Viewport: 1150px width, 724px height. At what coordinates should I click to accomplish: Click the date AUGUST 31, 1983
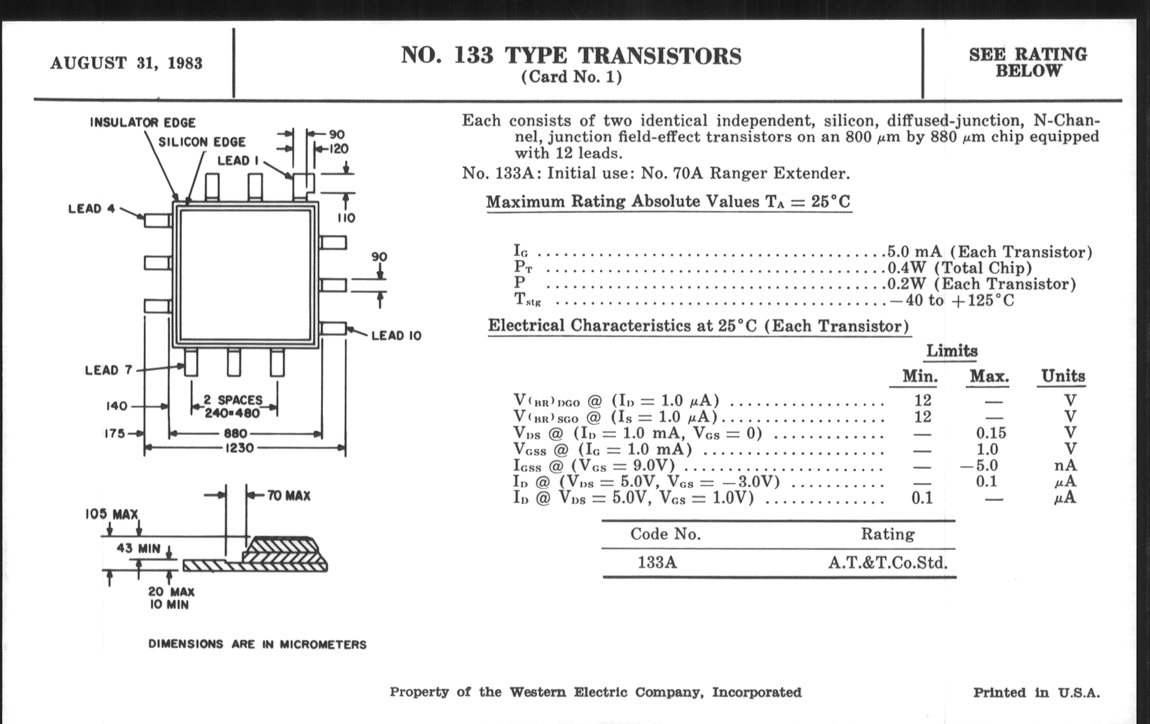(127, 63)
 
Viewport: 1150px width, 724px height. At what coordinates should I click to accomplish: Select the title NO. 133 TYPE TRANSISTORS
(571, 55)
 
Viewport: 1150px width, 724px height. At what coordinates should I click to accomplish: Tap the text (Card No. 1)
(572, 77)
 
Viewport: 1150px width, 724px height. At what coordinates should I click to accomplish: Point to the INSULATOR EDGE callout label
(143, 123)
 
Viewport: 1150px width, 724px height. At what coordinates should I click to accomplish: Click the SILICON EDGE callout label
(202, 142)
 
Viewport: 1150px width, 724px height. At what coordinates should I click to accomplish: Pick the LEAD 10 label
(396, 336)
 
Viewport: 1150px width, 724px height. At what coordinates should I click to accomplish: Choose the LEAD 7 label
(108, 371)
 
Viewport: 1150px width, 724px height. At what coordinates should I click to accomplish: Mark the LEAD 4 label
(92, 209)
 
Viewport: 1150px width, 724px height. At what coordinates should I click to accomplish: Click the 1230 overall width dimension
(239, 448)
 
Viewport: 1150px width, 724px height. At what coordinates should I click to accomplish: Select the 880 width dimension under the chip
(236, 433)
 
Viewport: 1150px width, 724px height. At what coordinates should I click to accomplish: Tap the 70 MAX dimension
(288, 495)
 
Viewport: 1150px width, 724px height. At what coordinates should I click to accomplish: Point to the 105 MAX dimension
(112, 514)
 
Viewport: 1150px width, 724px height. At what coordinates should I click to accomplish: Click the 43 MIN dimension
(139, 548)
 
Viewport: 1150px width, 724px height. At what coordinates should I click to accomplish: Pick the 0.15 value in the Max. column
(991, 433)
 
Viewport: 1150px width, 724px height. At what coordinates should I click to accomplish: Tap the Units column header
(1063, 376)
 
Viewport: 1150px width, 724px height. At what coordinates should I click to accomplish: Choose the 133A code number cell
(658, 563)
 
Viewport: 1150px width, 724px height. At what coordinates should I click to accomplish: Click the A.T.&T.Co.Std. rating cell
(888, 563)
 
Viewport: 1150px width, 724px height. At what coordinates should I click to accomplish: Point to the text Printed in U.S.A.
(1037, 693)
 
